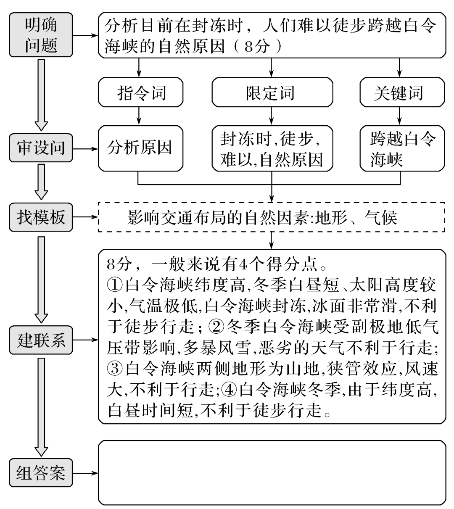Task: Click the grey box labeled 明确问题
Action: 41,35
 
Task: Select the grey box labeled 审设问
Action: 41,148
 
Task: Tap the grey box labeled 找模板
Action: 41,218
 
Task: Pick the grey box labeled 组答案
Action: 41,473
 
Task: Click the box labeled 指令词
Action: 141,92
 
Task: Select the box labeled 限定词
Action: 272,92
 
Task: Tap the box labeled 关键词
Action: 401,92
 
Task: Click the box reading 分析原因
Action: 141,148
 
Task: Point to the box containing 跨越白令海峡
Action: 401,148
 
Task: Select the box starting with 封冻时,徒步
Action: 272,148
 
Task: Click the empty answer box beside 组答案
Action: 272,472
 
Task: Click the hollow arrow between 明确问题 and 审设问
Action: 41,95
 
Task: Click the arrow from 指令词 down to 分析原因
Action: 139,116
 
